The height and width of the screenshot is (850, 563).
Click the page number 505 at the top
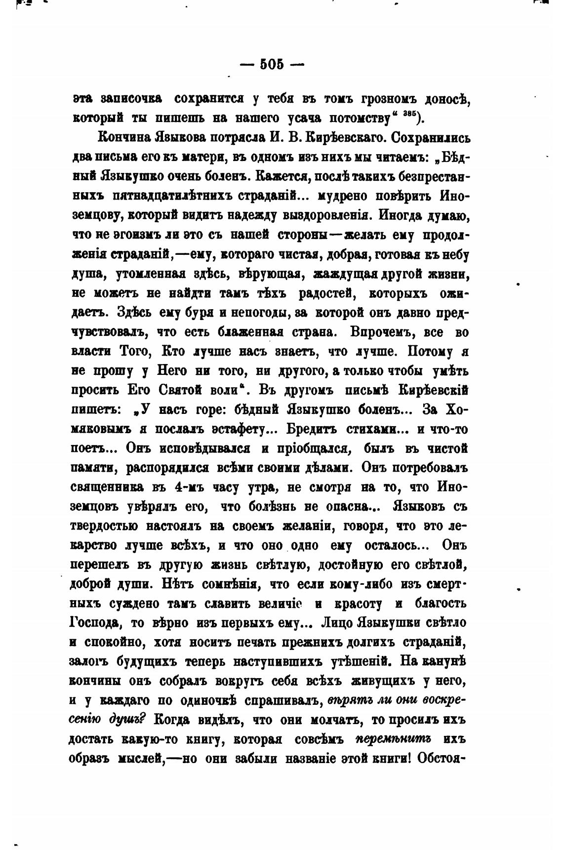(x=271, y=64)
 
